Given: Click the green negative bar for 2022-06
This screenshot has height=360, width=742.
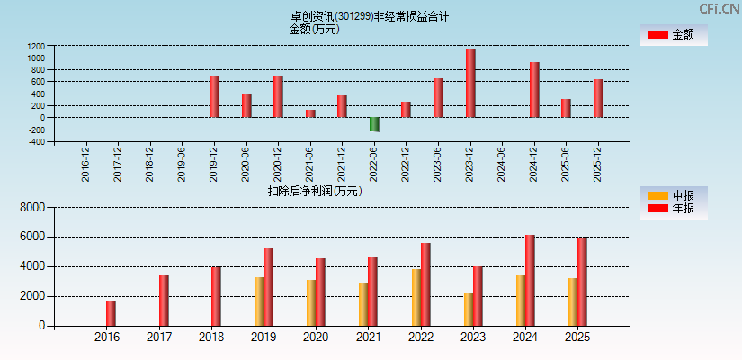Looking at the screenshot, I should tap(374, 124).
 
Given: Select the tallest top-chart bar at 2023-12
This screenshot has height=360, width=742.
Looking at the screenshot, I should tap(470, 84).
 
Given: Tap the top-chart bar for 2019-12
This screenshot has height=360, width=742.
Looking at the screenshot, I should tap(214, 97).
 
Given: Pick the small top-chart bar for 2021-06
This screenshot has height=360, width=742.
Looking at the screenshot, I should tap(310, 113).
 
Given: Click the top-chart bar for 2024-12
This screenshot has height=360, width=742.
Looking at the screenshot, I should tap(534, 90).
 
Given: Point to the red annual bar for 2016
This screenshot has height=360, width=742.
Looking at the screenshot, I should tap(111, 313).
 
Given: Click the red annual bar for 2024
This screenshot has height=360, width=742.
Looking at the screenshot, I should tap(530, 281).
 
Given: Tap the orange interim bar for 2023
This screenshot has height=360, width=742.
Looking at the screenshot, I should tap(469, 309).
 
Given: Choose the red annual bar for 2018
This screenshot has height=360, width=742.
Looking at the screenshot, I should tap(216, 297).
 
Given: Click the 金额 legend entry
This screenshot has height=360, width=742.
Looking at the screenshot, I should tap(673, 34).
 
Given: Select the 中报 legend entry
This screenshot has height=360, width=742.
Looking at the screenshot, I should tap(673, 195).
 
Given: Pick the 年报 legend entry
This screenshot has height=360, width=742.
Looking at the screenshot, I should tap(673, 209).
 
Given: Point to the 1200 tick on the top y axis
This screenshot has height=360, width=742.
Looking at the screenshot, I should tap(36, 46).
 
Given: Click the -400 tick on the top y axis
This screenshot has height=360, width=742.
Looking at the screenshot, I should tap(36, 141).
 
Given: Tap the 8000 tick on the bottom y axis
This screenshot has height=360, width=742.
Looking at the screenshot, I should tap(32, 207).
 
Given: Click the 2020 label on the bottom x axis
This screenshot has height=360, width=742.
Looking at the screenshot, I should tap(316, 337).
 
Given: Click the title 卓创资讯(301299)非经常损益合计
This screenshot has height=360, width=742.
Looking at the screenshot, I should tap(370, 15).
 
